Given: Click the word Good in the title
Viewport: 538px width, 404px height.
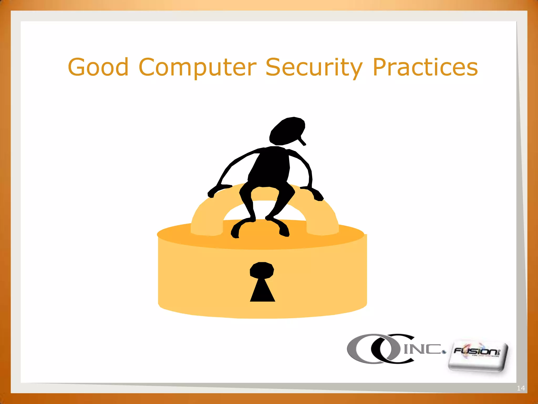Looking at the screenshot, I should [98, 67].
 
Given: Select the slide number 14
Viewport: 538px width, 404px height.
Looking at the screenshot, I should [521, 388].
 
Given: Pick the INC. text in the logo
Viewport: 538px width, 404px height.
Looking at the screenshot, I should [423, 349].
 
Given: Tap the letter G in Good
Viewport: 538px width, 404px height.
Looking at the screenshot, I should [77, 67].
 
